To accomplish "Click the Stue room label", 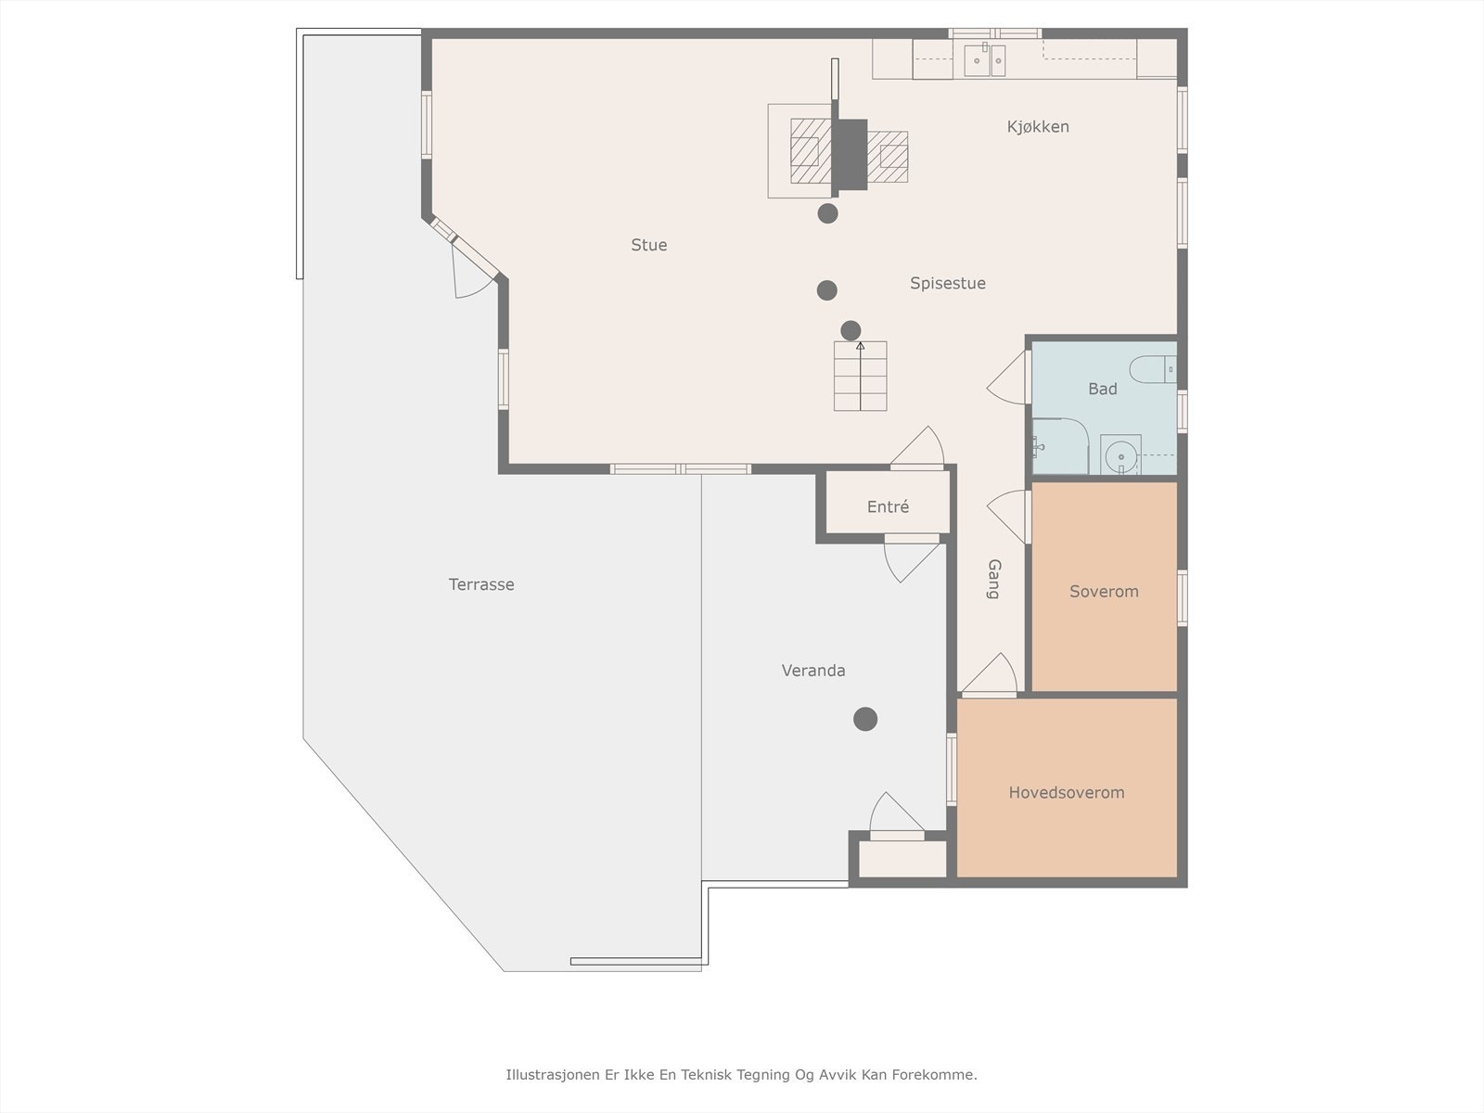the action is [x=649, y=245].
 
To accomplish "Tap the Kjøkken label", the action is [x=1038, y=127].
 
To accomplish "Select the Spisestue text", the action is [x=947, y=283].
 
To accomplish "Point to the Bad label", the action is [x=1102, y=389].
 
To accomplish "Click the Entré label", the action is [x=888, y=506].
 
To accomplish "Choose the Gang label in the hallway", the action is [x=993, y=579].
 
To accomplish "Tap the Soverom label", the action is [x=1104, y=592].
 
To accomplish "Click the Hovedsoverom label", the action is [x=1067, y=792].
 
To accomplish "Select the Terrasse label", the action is [x=481, y=584].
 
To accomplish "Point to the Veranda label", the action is [x=813, y=671].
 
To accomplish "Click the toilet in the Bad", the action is [x=1154, y=369].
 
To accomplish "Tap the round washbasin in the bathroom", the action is [x=1121, y=456].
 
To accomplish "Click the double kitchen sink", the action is [x=984, y=60].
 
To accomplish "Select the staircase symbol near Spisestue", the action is [x=860, y=376].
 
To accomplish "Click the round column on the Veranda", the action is [x=865, y=719].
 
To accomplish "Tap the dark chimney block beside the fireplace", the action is [x=850, y=154].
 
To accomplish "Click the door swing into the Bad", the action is [x=1008, y=377].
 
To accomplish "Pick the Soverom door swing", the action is [x=1008, y=517].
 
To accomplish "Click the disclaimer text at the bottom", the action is [x=742, y=1074].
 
